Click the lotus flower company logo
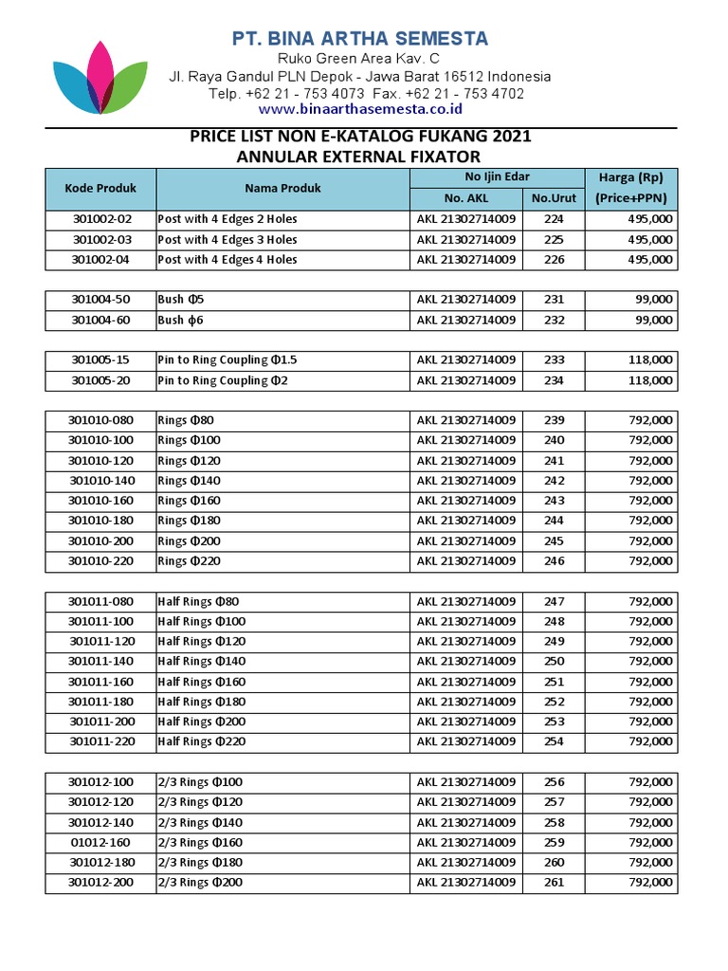(x=100, y=78)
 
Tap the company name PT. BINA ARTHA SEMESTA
(x=360, y=39)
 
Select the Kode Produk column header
(x=100, y=188)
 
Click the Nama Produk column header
(x=282, y=188)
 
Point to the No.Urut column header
(x=554, y=198)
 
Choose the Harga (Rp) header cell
(x=630, y=177)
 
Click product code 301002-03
(x=101, y=240)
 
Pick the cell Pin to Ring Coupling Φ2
(x=223, y=380)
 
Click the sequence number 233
(x=554, y=360)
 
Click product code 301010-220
(x=101, y=560)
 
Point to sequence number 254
(x=554, y=742)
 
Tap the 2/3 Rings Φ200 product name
(x=200, y=882)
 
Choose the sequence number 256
(x=554, y=782)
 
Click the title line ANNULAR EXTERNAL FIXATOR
(x=359, y=156)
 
